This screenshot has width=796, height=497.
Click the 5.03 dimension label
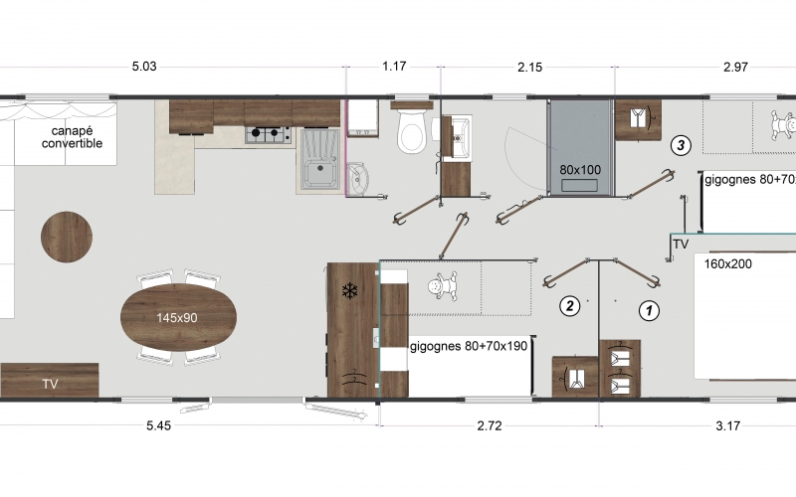(x=144, y=68)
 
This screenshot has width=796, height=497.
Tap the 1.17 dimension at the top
(x=395, y=68)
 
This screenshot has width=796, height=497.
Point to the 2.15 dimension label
(x=529, y=68)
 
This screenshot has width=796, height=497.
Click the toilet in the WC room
(x=411, y=132)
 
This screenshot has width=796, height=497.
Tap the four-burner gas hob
(x=268, y=134)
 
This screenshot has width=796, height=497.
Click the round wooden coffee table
(x=68, y=238)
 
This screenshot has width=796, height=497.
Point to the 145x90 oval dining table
(x=179, y=318)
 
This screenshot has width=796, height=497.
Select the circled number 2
(x=569, y=305)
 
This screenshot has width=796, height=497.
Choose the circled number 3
(x=681, y=145)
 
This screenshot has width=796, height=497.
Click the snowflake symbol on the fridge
(x=349, y=291)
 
